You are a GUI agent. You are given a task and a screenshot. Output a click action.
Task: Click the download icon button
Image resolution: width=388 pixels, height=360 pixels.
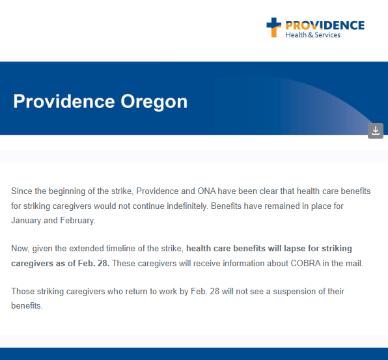[376, 130]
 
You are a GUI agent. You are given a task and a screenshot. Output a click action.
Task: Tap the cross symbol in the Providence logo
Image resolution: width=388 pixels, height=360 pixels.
[275, 27]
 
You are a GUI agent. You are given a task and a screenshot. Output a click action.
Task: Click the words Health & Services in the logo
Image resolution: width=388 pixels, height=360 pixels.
[312, 35]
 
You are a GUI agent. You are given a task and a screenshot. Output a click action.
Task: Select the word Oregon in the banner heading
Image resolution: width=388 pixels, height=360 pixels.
[154, 102]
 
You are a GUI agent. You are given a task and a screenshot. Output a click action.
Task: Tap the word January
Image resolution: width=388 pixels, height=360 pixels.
[27, 221]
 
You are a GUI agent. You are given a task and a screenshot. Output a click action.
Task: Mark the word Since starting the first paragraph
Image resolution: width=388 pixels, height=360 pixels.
[21, 191]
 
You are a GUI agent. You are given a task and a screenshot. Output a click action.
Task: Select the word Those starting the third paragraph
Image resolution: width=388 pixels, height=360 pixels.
[23, 291]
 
